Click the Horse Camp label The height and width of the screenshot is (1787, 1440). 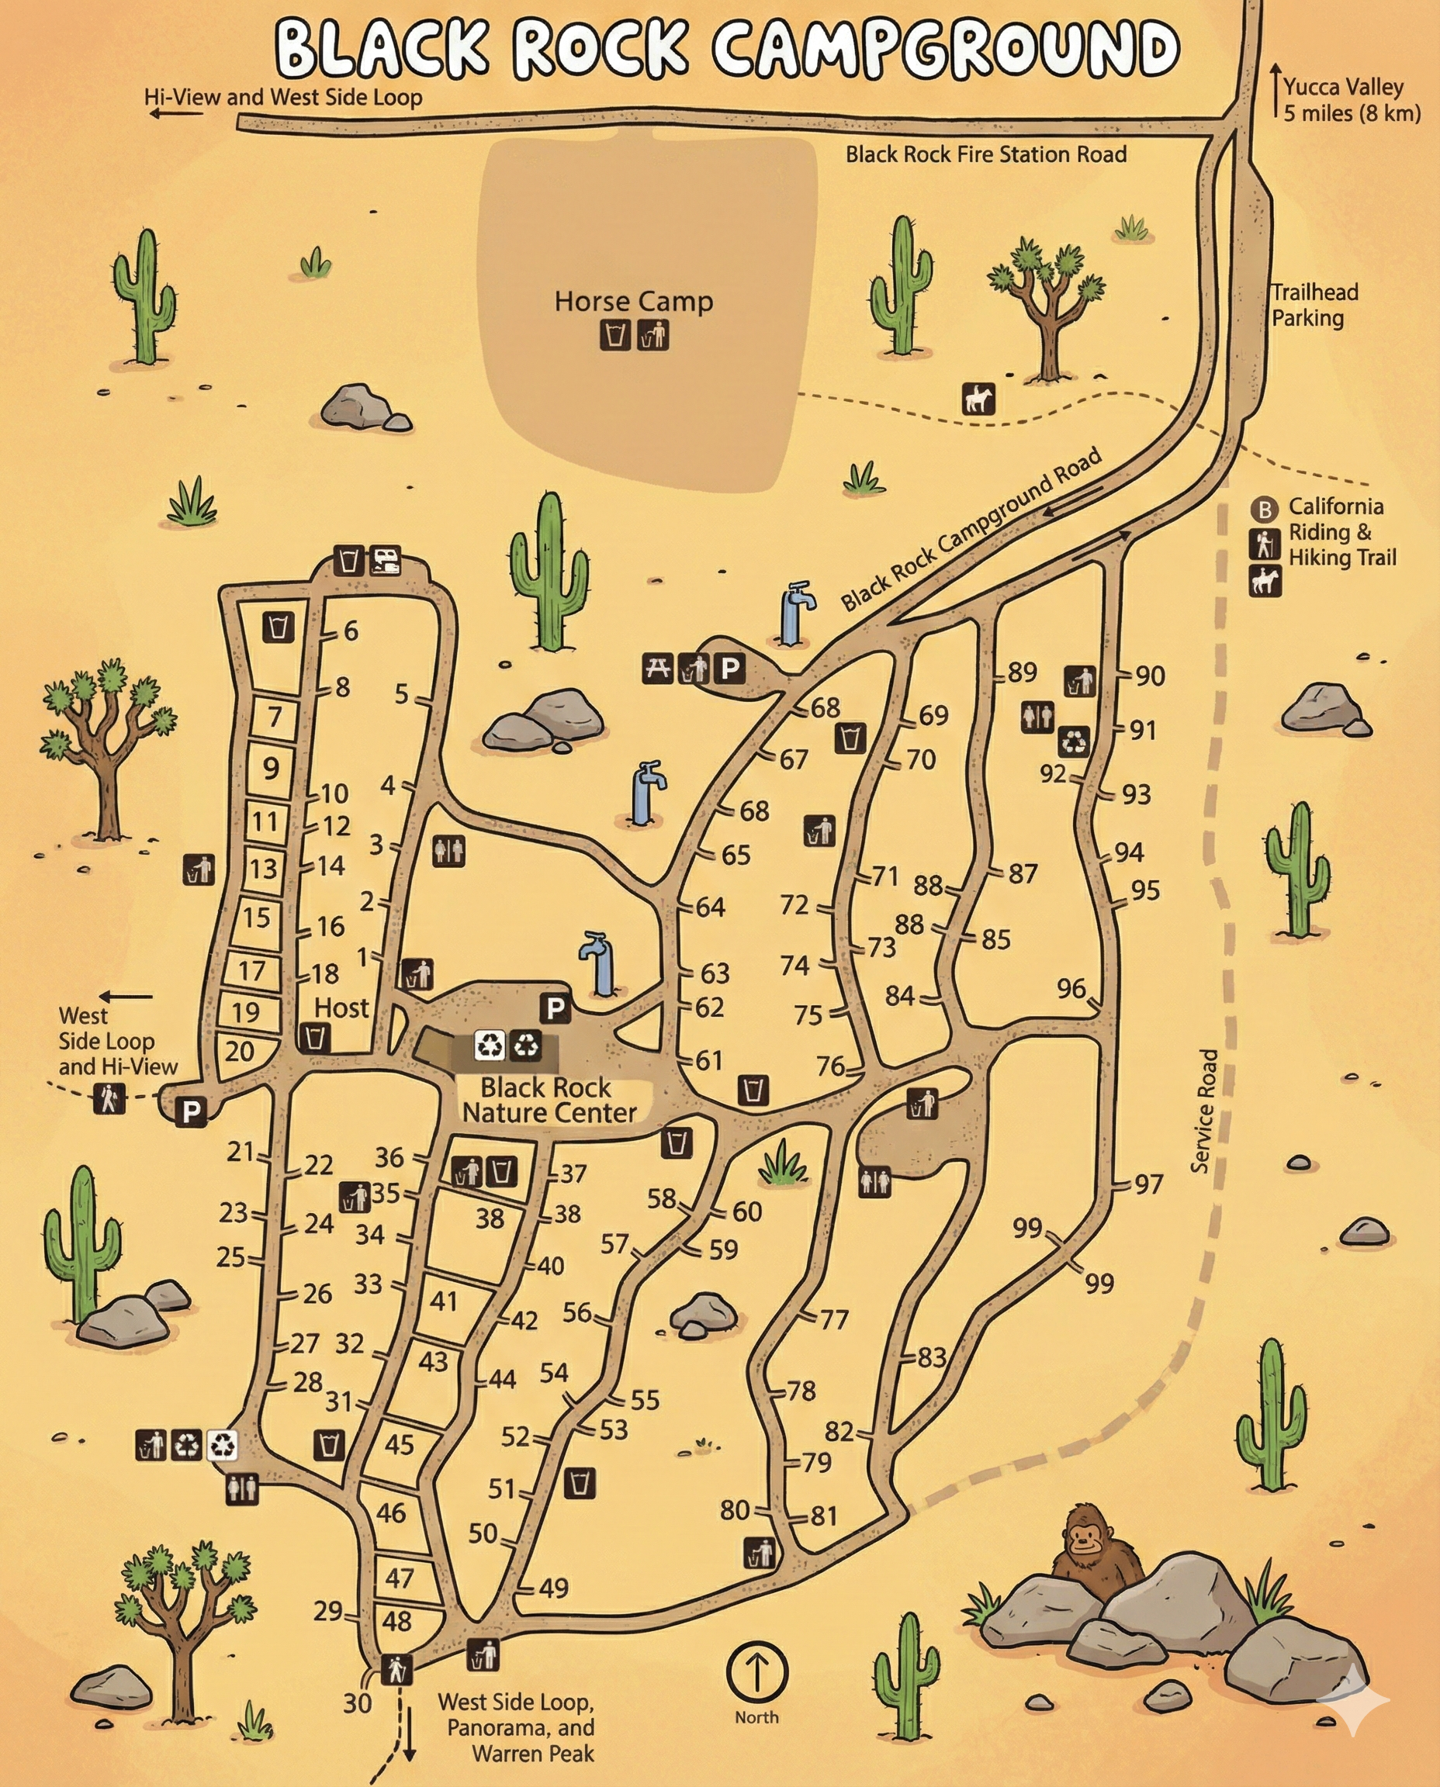coord(633,301)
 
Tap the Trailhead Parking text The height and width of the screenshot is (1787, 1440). coord(1315,305)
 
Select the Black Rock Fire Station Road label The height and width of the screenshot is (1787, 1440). coord(985,154)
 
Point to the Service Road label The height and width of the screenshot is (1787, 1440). coord(1204,1111)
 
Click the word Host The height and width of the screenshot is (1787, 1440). coord(341,1008)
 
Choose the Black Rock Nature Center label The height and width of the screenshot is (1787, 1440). coord(549,1100)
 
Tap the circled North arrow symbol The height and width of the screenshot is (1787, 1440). coord(756,1671)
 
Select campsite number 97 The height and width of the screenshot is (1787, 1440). coord(1149,1184)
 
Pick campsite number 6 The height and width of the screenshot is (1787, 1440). coord(351,631)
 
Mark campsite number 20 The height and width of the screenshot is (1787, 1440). coord(239,1052)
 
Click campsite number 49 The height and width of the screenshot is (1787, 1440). coord(554,1588)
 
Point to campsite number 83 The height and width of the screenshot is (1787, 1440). coord(932,1357)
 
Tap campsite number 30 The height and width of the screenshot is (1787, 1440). coord(357,1703)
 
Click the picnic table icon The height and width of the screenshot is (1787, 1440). coord(658,668)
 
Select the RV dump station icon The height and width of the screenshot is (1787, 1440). coord(385,561)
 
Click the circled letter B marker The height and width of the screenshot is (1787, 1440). coord(1264,508)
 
